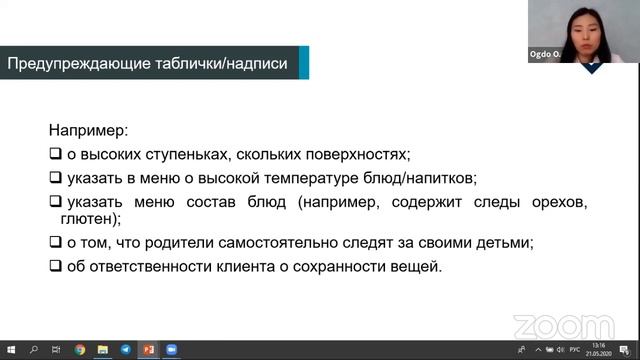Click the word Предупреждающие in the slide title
(x=68, y=64)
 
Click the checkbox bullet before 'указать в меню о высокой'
(x=55, y=178)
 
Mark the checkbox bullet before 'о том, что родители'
(x=55, y=243)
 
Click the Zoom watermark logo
(x=563, y=325)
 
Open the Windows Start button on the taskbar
(x=9, y=351)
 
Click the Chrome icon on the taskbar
(x=79, y=351)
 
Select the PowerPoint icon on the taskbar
(x=148, y=351)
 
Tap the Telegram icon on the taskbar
(x=125, y=351)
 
